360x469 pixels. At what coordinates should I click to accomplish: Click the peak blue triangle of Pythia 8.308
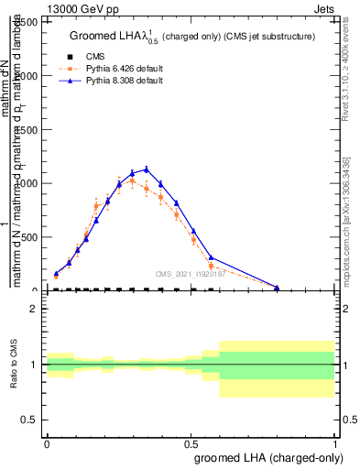tap(146, 169)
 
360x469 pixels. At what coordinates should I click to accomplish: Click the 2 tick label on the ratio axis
tap(34, 310)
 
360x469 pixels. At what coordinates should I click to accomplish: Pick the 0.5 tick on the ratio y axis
tap(31, 420)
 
